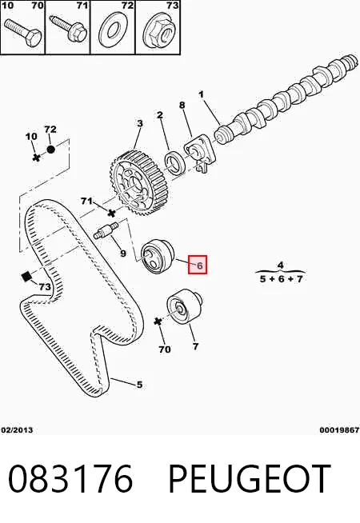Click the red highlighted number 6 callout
[x=198, y=265]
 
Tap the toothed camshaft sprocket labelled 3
[x=138, y=182]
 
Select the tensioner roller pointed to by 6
[x=158, y=256]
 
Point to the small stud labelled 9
[x=106, y=230]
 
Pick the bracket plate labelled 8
[x=200, y=153]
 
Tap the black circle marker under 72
[x=50, y=150]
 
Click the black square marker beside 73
[x=26, y=276]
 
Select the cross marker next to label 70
[x=158, y=321]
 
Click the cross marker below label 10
[x=37, y=157]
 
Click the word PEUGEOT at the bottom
[x=250, y=479]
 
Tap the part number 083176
[x=70, y=479]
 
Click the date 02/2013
[x=18, y=430]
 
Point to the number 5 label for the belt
[x=139, y=385]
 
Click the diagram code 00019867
[x=339, y=430]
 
